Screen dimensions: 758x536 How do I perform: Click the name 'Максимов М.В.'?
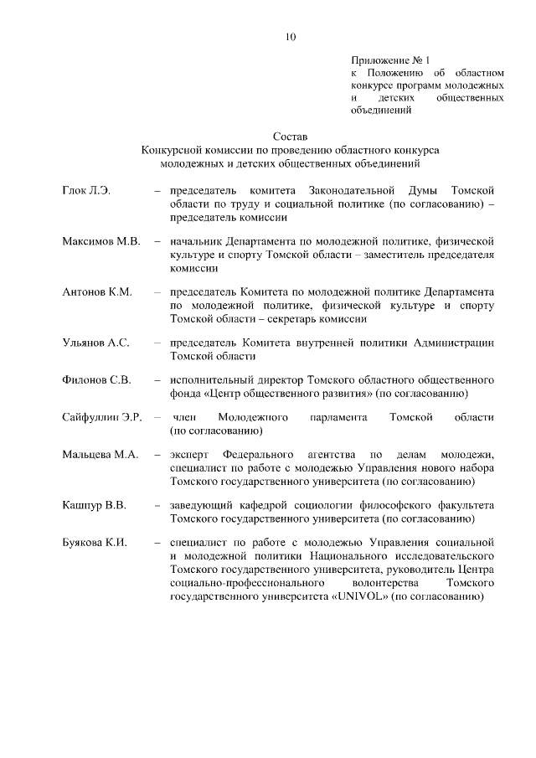click(x=100, y=242)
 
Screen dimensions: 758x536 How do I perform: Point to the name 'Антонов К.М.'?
click(x=96, y=292)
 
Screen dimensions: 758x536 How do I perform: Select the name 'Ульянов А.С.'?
click(x=95, y=343)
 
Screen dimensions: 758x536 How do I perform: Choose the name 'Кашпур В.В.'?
click(x=94, y=505)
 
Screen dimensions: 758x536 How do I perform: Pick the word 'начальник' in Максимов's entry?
click(x=196, y=242)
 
